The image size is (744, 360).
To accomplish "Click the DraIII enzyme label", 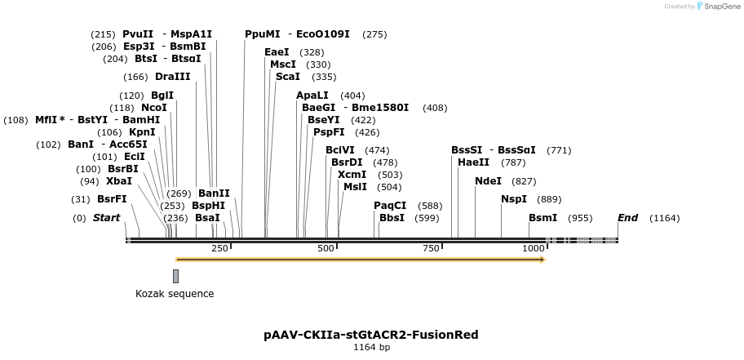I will [x=172, y=77].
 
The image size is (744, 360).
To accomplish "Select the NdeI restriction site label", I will [x=488, y=180].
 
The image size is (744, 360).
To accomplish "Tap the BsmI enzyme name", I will [x=542, y=218].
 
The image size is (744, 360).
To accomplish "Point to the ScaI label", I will [x=287, y=77].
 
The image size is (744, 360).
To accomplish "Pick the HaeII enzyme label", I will [x=473, y=162].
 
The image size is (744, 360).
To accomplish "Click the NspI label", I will [x=514, y=199].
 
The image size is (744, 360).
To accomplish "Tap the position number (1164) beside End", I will [x=664, y=218].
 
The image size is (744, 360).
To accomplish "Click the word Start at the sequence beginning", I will [x=106, y=218].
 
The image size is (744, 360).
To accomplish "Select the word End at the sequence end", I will [x=627, y=218].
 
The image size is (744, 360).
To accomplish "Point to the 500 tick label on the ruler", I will [x=326, y=248].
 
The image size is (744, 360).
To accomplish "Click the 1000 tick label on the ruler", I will [x=534, y=248].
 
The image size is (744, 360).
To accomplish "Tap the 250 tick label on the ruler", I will [x=219, y=248].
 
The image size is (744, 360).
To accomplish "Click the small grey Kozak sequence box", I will [x=175, y=276].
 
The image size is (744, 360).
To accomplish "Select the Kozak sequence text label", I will [x=175, y=294].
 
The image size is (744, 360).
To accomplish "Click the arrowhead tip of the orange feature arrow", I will [x=543, y=260].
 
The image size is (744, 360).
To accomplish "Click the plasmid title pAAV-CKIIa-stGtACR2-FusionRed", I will [x=371, y=335].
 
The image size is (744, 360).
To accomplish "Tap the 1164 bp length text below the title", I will [x=371, y=348].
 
